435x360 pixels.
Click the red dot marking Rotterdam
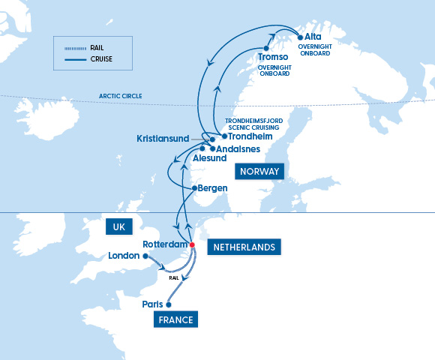tap(192, 244)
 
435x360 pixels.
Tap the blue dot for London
tap(145, 256)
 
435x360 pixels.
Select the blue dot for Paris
tap(168, 304)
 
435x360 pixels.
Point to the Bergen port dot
tap(193, 187)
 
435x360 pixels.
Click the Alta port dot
tap(300, 37)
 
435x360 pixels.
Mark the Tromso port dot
tap(266, 49)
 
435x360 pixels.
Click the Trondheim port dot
tap(224, 136)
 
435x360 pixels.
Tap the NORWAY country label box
tap(259, 172)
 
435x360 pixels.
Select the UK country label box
tap(118, 226)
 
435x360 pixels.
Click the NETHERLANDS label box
tap(243, 246)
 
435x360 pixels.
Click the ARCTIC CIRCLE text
tap(120, 96)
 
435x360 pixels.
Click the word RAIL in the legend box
tap(96, 47)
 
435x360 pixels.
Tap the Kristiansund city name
tap(163, 139)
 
